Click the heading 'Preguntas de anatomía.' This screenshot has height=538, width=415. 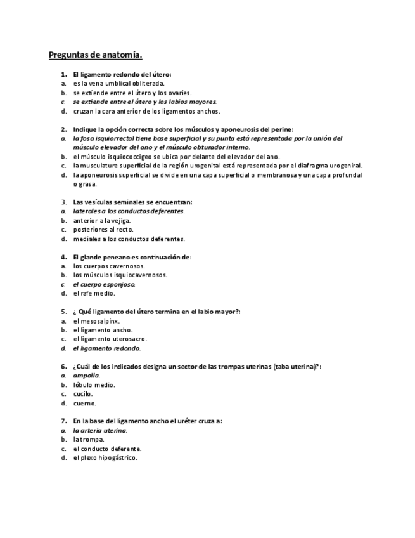(x=96, y=55)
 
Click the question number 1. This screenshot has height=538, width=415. (x=64, y=74)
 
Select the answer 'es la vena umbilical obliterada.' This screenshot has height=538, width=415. (x=118, y=83)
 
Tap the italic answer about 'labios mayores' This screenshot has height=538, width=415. (x=144, y=102)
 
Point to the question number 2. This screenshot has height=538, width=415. (x=64, y=129)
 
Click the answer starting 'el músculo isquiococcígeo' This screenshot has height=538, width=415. (x=176, y=157)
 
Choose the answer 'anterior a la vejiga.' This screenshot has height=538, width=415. (x=102, y=221)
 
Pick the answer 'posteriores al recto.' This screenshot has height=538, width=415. (x=103, y=230)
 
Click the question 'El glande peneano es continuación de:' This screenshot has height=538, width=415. (x=132, y=258)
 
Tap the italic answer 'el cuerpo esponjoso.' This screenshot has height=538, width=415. (x=104, y=285)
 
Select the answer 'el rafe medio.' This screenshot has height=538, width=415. (x=94, y=294)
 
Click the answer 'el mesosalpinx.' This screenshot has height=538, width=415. (x=96, y=321)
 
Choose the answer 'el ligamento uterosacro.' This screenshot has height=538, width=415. (x=110, y=339)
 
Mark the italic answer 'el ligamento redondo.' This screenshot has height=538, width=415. (x=106, y=348)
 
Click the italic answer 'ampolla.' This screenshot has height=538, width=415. (x=86, y=376)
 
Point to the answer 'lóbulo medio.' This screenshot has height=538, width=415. (x=94, y=385)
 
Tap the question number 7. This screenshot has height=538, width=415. (x=64, y=421)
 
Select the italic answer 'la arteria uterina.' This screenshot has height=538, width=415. (x=100, y=430)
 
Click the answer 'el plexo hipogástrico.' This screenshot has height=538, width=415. (x=105, y=457)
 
